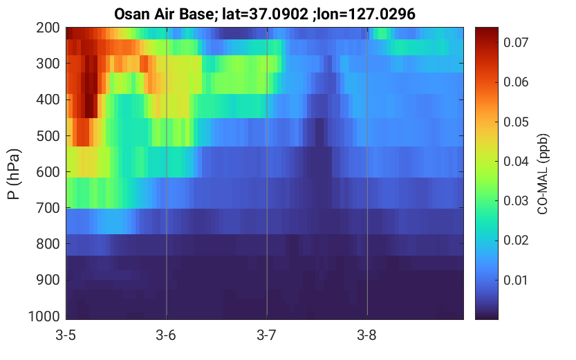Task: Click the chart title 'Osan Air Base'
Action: (x=164, y=15)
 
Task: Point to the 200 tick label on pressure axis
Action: (x=48, y=28)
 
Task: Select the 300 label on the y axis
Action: (x=48, y=64)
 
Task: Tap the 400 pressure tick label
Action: (x=48, y=100)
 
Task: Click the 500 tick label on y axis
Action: (x=48, y=136)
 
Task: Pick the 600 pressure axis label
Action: (x=48, y=172)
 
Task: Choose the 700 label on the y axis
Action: (x=48, y=208)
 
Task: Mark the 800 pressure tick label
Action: (x=48, y=244)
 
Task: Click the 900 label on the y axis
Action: (x=48, y=280)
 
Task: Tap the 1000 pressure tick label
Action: (x=44, y=316)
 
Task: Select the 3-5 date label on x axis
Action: (x=66, y=335)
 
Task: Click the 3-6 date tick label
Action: (x=166, y=335)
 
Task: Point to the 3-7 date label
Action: (x=266, y=335)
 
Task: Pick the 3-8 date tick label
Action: (x=366, y=335)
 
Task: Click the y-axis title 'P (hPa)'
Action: (x=14, y=174)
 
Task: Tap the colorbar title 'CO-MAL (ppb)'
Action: (x=543, y=174)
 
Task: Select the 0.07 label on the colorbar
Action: (x=516, y=43)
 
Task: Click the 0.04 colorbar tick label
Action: (x=516, y=161)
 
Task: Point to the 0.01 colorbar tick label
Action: (x=516, y=280)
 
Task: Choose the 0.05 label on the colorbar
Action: (x=516, y=122)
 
